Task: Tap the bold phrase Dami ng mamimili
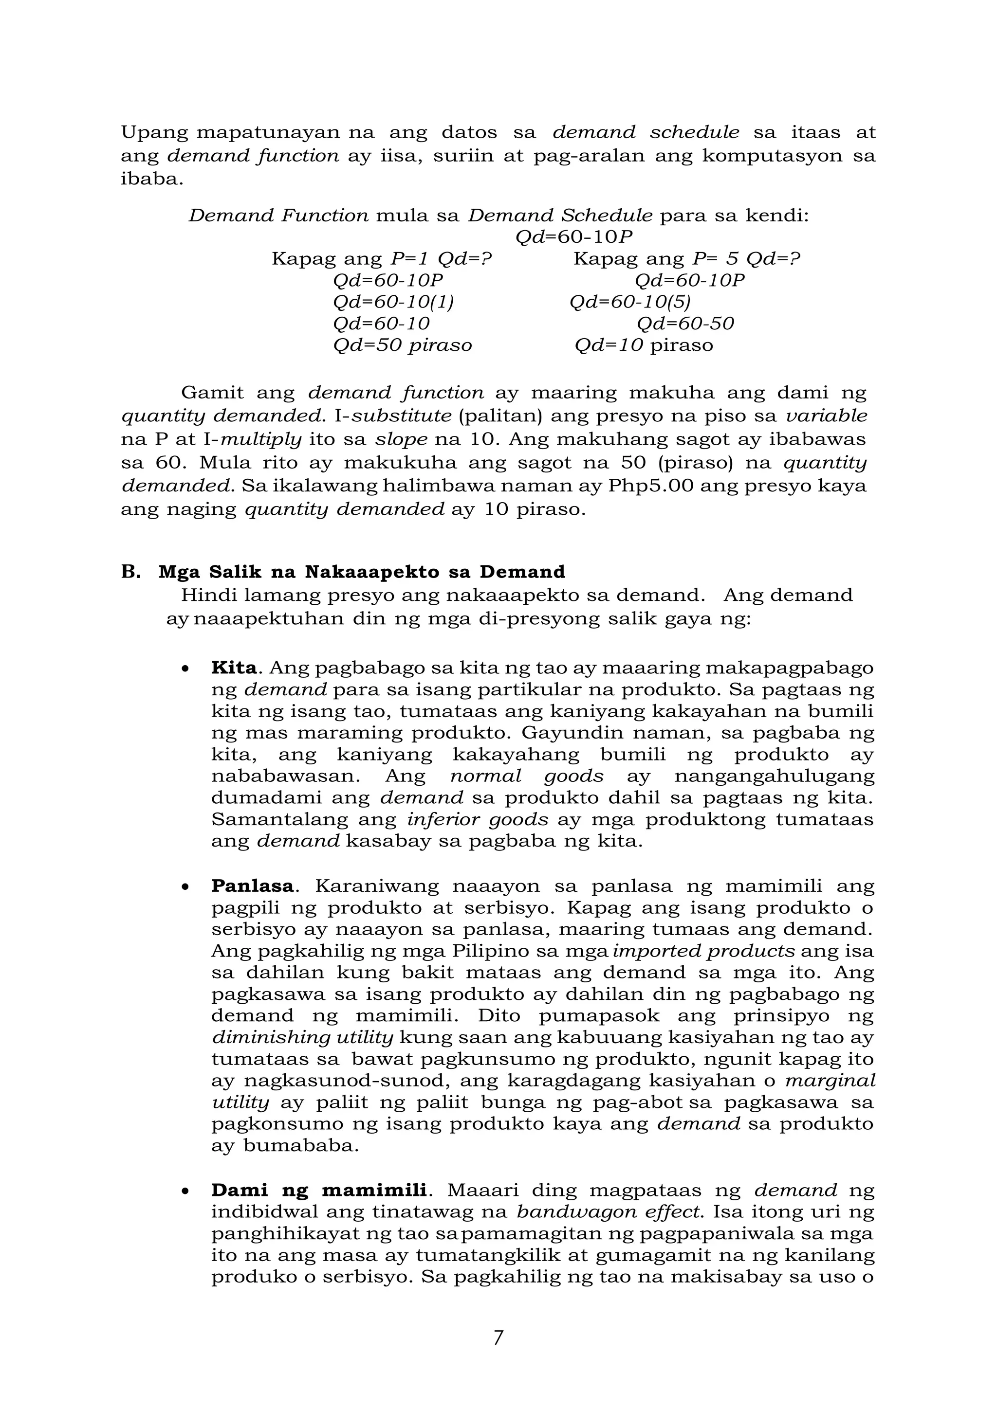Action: [319, 1190]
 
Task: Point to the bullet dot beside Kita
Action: [185, 669]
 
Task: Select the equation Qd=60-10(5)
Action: [630, 302]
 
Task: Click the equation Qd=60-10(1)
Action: [393, 302]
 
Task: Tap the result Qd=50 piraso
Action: [403, 345]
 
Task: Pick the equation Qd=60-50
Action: [685, 324]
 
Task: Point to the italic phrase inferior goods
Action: [477, 819]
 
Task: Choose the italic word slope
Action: [402, 439]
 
